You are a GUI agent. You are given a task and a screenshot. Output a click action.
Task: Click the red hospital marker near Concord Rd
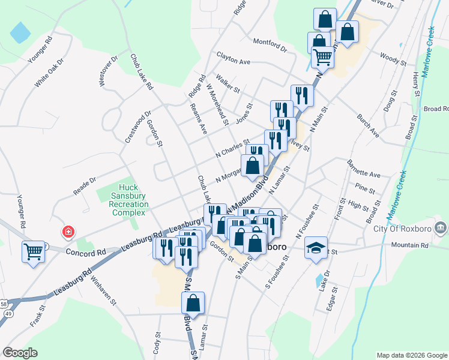tap(69, 231)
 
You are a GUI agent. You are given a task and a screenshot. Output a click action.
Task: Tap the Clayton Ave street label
tap(234, 62)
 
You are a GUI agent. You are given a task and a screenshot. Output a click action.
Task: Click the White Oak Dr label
tap(49, 73)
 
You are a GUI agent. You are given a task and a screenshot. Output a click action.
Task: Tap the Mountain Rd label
tap(410, 245)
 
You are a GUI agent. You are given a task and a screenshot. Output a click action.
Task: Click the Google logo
tap(20, 353)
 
